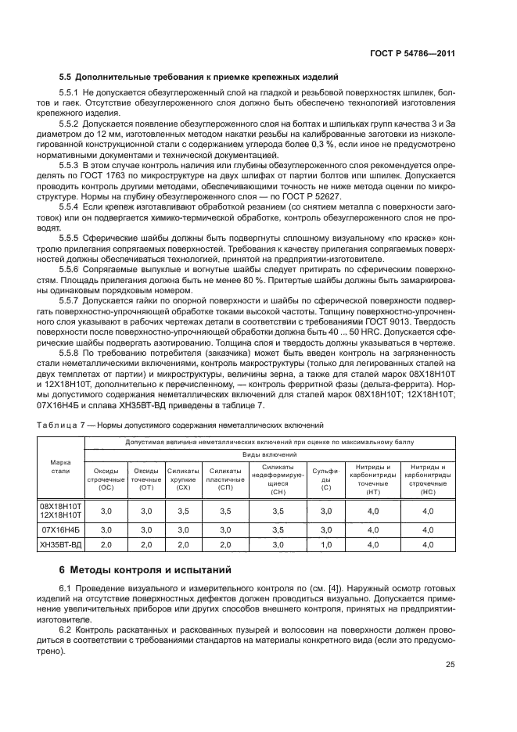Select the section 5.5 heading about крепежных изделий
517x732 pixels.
tap(199, 77)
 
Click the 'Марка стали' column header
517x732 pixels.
tap(59, 467)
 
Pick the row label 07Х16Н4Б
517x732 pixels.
tap(59, 529)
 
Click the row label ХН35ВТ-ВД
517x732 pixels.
tap(59, 544)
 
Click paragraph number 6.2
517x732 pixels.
tap(66, 628)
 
